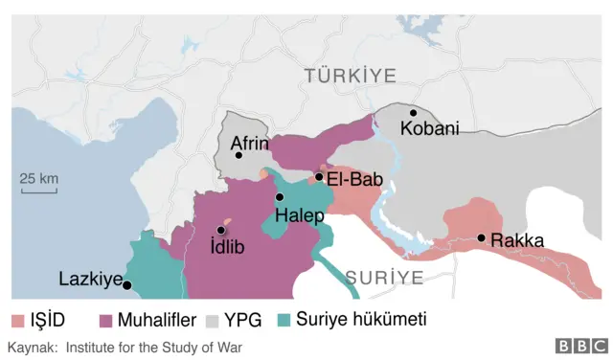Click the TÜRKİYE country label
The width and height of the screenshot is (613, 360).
(x=350, y=75)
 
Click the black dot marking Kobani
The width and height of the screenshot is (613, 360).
(x=414, y=113)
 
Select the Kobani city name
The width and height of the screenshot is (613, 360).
(x=430, y=128)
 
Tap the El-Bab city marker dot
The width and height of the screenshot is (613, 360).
(x=318, y=176)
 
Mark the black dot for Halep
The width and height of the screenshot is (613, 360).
(x=280, y=197)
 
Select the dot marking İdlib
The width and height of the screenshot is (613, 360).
(x=221, y=230)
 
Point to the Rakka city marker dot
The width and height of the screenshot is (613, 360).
(x=481, y=237)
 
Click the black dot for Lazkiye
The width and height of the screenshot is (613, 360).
(x=126, y=284)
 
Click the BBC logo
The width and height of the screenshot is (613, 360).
(x=580, y=347)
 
